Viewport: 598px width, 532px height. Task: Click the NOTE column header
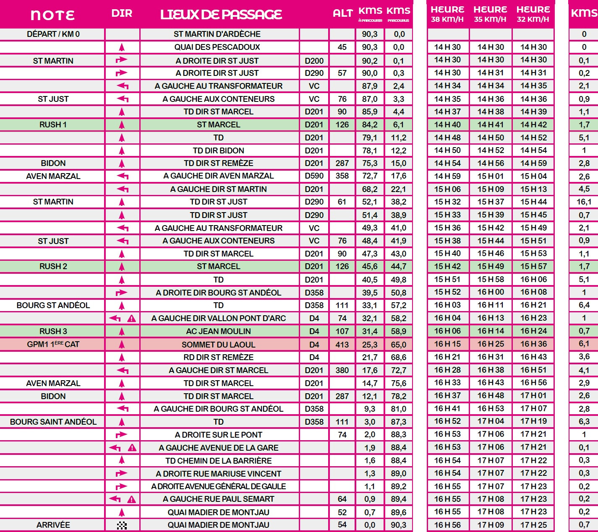[52, 15]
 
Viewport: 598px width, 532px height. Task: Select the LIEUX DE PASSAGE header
[221, 15]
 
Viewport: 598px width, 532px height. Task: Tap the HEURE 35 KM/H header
[490, 14]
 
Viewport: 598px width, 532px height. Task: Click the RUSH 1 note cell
[53, 125]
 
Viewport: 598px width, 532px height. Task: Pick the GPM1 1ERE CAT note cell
[53, 344]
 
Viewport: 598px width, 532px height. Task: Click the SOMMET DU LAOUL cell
[218, 345]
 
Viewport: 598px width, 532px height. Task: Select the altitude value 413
[342, 345]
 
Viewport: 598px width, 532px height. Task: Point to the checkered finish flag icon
[122, 525]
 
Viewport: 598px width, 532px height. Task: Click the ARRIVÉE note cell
[53, 525]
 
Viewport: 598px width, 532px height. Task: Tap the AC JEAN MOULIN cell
[218, 331]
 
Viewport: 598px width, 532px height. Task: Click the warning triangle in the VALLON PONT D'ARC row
[131, 319]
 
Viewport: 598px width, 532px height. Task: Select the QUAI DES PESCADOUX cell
[217, 47]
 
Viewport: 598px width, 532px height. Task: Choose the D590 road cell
[314, 176]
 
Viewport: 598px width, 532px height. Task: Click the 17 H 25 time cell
[533, 525]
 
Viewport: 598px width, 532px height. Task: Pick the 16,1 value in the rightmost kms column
[584, 202]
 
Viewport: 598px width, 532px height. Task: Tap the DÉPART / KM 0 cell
[53, 34]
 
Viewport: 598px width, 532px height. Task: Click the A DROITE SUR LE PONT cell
[218, 435]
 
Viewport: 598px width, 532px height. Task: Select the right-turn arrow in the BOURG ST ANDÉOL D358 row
[121, 293]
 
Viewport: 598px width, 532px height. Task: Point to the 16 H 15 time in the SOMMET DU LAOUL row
[447, 344]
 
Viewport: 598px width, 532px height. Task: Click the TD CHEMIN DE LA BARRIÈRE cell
[218, 461]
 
